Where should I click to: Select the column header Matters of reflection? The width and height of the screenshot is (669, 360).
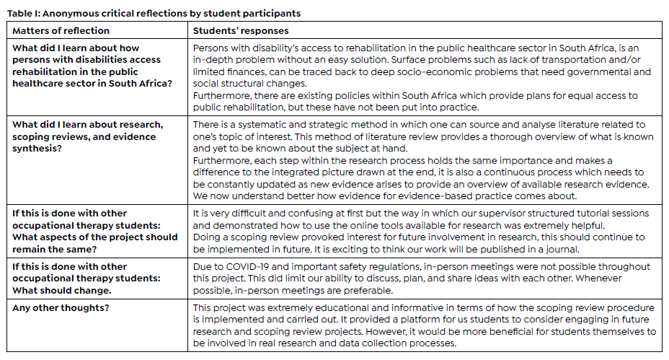(61, 31)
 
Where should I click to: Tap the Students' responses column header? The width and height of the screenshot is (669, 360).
(241, 31)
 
